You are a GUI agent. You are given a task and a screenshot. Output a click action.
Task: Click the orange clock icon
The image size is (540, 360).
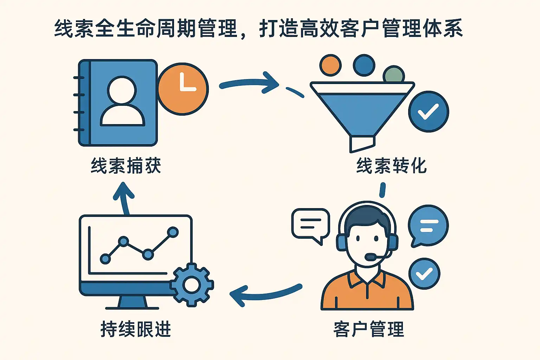(x=183, y=89)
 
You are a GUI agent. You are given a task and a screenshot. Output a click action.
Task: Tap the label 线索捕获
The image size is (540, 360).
(x=126, y=166)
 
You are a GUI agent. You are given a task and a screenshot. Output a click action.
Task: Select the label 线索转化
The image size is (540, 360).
(x=391, y=166)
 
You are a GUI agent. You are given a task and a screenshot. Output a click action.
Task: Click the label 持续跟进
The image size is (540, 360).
(x=136, y=329)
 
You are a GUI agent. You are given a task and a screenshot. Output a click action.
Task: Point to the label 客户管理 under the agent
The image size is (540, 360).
(x=368, y=329)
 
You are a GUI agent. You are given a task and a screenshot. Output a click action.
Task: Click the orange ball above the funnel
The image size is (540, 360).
(x=330, y=65)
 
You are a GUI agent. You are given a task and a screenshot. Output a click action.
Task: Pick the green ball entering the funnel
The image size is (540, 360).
(x=394, y=75)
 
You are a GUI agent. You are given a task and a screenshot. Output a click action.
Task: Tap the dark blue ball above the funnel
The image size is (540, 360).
(x=364, y=65)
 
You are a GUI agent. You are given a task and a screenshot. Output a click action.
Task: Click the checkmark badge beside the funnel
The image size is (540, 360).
(x=428, y=112)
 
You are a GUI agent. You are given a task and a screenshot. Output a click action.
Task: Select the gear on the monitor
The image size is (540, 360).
(x=192, y=284)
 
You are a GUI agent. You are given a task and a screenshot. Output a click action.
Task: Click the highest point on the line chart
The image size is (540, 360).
(x=173, y=232)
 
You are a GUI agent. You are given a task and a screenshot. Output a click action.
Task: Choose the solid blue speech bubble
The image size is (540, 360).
(x=428, y=225)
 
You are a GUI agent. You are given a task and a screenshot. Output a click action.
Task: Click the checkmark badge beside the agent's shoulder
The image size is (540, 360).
(x=424, y=274)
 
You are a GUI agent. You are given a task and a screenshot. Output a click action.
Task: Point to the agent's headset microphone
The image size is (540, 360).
(x=370, y=257)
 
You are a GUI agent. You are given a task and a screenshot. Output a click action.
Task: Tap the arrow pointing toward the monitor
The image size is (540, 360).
(x=264, y=294)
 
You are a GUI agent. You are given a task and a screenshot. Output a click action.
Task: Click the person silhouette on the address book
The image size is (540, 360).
(x=122, y=102)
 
